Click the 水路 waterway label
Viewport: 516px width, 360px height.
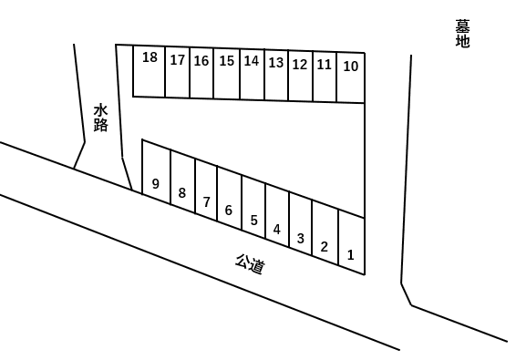tap(101, 117)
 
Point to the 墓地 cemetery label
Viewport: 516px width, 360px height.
tap(462, 34)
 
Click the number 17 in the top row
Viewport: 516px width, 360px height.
tap(178, 61)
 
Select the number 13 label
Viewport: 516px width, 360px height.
tap(276, 63)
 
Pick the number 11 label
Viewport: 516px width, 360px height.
tap(325, 65)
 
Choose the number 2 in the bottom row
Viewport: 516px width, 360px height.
tap(325, 246)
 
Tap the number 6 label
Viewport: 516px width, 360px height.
tap(229, 211)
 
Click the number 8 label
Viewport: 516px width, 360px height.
tap(182, 192)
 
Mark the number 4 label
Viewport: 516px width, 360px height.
tap(277, 229)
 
